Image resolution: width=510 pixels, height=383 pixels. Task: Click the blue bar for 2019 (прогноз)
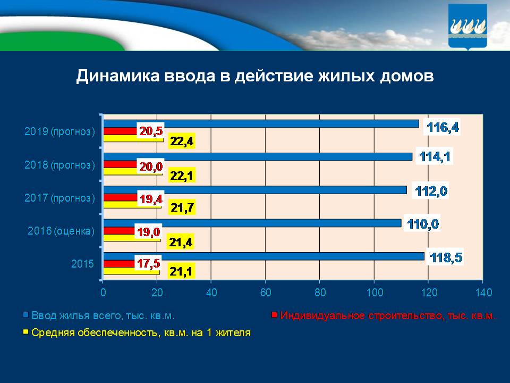[260, 124]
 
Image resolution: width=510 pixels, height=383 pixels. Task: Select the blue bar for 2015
[263, 256]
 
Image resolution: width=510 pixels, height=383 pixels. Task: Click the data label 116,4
[444, 128]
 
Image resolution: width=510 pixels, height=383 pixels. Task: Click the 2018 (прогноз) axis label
[59, 165]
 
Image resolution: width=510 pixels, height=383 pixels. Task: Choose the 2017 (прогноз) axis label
[59, 198]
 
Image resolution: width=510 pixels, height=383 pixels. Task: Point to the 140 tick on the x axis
[483, 292]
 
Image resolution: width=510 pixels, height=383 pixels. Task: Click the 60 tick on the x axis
[266, 292]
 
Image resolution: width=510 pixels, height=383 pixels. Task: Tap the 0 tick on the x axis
[103, 292]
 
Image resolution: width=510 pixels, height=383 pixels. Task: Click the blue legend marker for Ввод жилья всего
[25, 315]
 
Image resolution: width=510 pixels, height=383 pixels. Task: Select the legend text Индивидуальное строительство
[388, 315]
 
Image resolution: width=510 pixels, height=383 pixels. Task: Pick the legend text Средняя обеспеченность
[141, 334]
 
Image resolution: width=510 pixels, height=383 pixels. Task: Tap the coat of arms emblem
[467, 26]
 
